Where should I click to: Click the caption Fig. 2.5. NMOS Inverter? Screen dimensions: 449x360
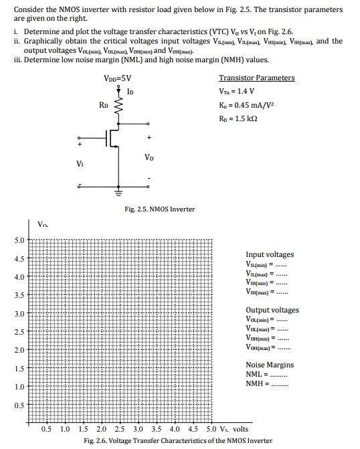[159, 209]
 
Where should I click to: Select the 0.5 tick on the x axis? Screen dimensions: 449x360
[47, 429]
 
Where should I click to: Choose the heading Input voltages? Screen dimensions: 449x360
[270, 254]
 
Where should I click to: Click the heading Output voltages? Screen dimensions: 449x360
[272, 310]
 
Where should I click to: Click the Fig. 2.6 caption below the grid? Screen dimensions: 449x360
[178, 440]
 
